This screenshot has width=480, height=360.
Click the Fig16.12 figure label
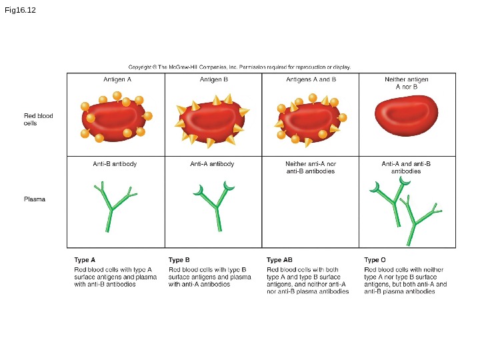[20, 11]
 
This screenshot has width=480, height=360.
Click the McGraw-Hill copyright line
[239, 67]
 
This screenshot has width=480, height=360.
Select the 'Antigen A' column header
[117, 79]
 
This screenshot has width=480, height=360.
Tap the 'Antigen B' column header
[214, 79]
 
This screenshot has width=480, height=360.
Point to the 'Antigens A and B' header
[311, 79]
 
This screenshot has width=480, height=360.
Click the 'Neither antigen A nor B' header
[407, 83]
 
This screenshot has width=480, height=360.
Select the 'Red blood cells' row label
[39, 119]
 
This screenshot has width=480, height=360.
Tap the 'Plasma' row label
[35, 199]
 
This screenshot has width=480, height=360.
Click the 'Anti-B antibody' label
[115, 164]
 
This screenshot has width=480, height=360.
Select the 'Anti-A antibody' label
[212, 164]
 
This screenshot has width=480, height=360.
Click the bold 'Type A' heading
[85, 260]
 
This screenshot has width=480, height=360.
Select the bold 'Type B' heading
[179, 260]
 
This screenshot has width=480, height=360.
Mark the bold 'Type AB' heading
[279, 260]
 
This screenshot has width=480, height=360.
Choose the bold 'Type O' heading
[375, 260]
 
